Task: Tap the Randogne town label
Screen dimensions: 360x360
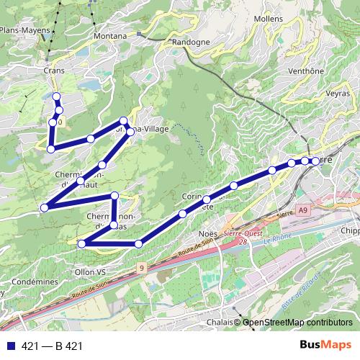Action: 191,42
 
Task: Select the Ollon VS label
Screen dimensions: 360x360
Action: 90,272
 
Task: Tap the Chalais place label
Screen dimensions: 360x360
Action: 220,322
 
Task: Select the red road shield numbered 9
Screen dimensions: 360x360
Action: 142,267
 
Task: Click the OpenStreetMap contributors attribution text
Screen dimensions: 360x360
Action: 297,323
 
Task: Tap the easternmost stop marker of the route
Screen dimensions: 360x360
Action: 315,161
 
